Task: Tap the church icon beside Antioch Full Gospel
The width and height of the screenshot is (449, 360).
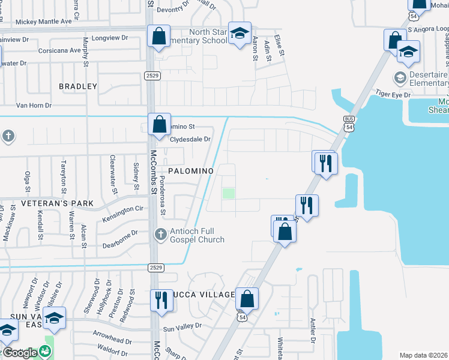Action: pos(160,234)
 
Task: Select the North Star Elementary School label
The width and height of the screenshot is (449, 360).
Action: pos(208,36)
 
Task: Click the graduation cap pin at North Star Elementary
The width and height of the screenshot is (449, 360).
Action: pos(240,35)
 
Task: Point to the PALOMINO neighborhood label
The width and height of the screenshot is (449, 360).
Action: pos(191,171)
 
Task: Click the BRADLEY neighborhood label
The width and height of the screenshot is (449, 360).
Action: pos(78,86)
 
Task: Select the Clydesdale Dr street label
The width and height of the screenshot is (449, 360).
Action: pos(191,139)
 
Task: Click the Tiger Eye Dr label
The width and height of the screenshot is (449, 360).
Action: pos(393,95)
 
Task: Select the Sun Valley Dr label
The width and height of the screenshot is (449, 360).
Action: pos(182,328)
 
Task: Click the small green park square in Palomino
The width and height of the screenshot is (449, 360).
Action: pos(228,194)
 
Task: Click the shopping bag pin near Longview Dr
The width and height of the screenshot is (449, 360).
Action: pos(158,36)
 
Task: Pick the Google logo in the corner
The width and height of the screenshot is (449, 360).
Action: pos(19,353)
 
